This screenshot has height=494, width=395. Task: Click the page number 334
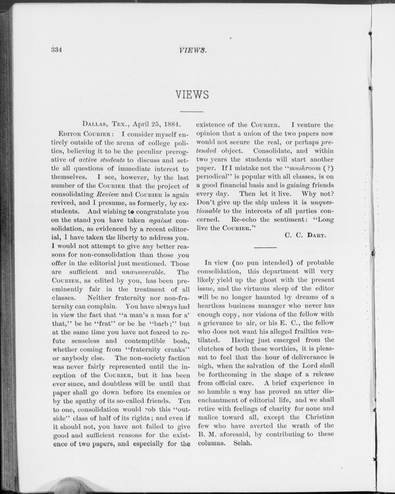pos(55,50)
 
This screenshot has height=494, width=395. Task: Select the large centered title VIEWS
pos(192,95)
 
